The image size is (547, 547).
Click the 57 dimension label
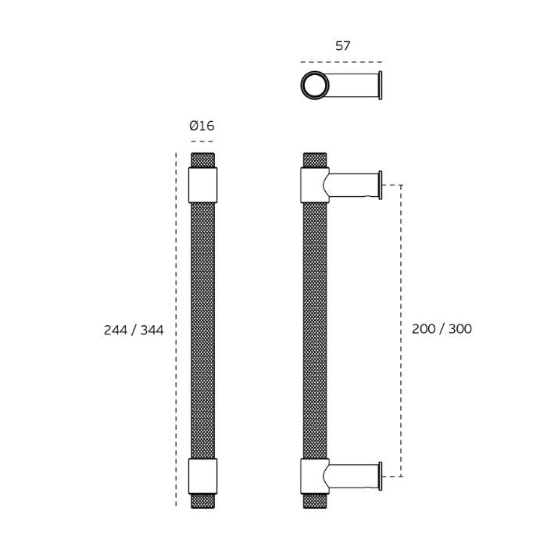[x=342, y=46]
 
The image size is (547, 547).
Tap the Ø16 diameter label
[x=202, y=126]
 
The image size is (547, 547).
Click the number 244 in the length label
[x=116, y=330]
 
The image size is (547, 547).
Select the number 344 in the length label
[x=152, y=330]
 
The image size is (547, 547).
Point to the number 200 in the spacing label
[x=424, y=329]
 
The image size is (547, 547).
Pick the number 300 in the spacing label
[x=460, y=329]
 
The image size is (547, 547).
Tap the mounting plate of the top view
[x=381, y=85]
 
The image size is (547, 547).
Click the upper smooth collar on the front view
[x=202, y=185]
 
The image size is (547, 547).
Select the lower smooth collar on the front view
[x=202, y=476]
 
